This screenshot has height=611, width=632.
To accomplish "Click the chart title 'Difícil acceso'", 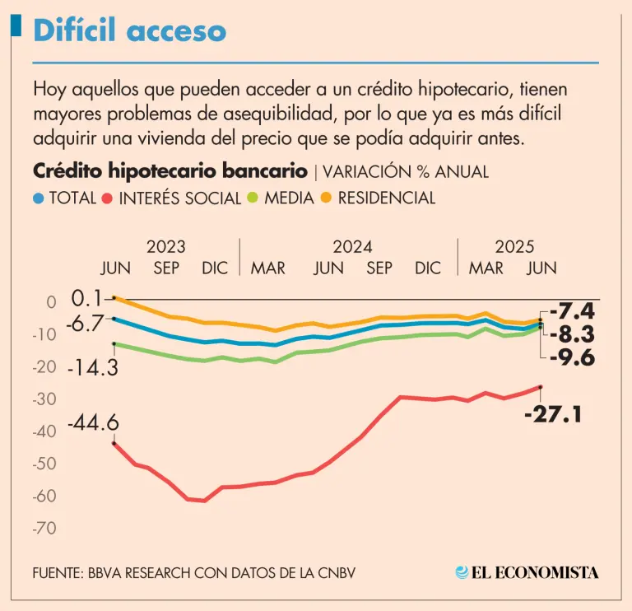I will pos(129,30).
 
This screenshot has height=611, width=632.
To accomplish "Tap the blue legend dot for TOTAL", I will pos(38,198).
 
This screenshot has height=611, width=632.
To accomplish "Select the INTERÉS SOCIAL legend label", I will pos(179,198).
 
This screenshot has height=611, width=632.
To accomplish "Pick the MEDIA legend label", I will pos(289,198).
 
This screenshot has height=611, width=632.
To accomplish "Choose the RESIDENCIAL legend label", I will pos(386,198).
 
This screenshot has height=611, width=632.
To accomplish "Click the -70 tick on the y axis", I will pos(44,528).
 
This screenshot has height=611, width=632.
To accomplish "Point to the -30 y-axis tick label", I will pos(44,399).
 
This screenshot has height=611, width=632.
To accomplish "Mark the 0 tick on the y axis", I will pos(51,302).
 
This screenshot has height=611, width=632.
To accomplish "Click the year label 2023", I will pos(165,246).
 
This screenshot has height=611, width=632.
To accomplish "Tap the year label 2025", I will pos(514,246).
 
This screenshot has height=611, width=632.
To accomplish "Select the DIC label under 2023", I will pos(216,268).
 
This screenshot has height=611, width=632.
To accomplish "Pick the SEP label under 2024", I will pos(379,268).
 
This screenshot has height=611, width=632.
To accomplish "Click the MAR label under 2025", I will pos(486,268).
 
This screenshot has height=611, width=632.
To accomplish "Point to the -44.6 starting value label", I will pos(93,423).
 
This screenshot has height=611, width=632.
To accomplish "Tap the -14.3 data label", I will pos(93,367).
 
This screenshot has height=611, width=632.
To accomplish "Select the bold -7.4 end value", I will pos(571,311).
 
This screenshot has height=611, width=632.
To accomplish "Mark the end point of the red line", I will pos(540,387).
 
